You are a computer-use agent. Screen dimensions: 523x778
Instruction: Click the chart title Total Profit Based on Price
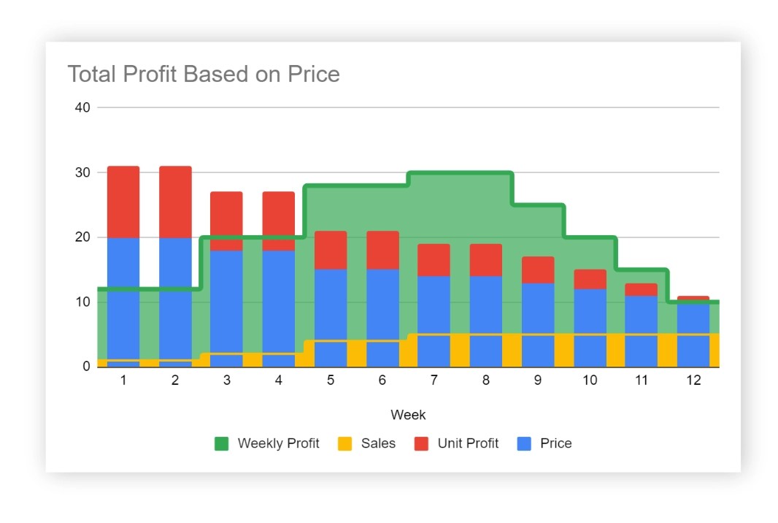coord(204,74)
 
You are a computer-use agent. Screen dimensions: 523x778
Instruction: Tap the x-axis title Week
coord(408,415)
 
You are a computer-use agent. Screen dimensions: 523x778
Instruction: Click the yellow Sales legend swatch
coord(345,443)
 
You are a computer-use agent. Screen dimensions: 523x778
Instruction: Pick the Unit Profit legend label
coord(468,443)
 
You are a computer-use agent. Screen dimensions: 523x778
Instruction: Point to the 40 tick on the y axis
coord(82,107)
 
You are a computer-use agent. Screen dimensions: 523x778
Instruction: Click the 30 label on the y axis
coord(82,172)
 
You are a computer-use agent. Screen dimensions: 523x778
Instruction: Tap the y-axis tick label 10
coord(82,302)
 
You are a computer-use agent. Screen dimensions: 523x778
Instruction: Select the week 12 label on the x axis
coord(693,381)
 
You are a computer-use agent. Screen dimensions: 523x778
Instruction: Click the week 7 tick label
coord(434,381)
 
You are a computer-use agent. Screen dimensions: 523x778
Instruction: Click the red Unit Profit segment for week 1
coord(123,202)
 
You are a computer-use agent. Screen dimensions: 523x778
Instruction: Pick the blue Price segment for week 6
coord(382,303)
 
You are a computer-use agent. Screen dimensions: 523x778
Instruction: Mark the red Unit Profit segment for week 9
coord(538,270)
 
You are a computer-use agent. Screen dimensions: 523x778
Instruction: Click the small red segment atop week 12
coord(693,298)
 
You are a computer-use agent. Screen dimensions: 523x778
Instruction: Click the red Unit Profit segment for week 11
coord(641,289)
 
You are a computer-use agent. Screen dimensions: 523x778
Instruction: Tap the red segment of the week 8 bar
coord(486,259)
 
